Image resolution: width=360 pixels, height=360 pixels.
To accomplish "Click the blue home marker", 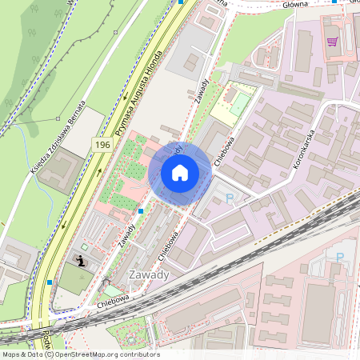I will [180, 172].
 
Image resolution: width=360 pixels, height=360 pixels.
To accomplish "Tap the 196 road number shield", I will [102, 144].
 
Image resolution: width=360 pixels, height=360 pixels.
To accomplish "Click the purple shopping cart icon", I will [332, 41].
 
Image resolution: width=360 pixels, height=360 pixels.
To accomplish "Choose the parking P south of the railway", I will [340, 258].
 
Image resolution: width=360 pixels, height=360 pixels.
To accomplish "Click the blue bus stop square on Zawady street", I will [141, 211].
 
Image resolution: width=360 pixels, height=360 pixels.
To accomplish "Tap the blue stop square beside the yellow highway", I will [50, 282].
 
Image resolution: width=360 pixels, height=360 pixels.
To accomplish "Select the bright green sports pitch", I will [241, 104].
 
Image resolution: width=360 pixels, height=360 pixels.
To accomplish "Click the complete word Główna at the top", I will [295, 4].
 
